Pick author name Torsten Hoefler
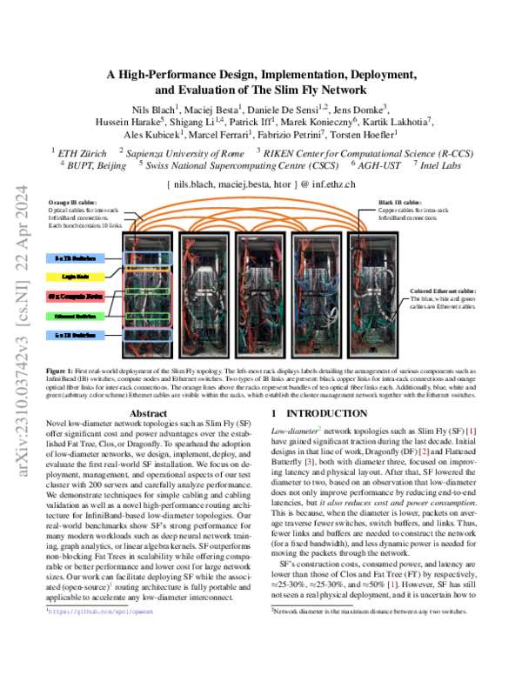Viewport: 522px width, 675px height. point(364,135)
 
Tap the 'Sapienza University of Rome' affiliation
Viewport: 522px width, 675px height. point(184,151)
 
